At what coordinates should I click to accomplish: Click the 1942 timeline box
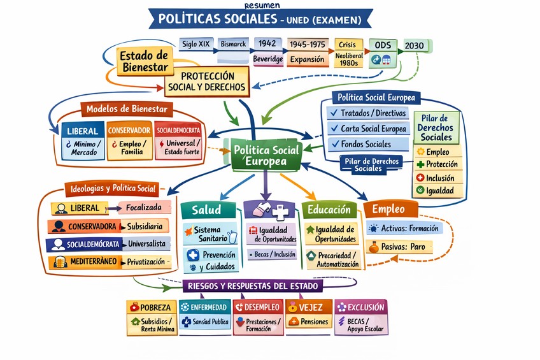[267, 43]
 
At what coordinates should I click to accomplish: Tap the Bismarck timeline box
[232, 44]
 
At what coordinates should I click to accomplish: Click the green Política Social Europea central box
[266, 155]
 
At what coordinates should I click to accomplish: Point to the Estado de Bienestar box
[144, 61]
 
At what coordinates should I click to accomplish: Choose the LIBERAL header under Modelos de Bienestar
[82, 131]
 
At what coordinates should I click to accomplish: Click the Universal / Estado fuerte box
[181, 147]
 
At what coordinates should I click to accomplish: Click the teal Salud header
[207, 210]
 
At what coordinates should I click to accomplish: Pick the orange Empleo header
[390, 209]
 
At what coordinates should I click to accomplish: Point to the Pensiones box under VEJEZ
[309, 322]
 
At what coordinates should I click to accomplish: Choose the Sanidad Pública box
[205, 322]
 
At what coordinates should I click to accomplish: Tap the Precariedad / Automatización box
[332, 259]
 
